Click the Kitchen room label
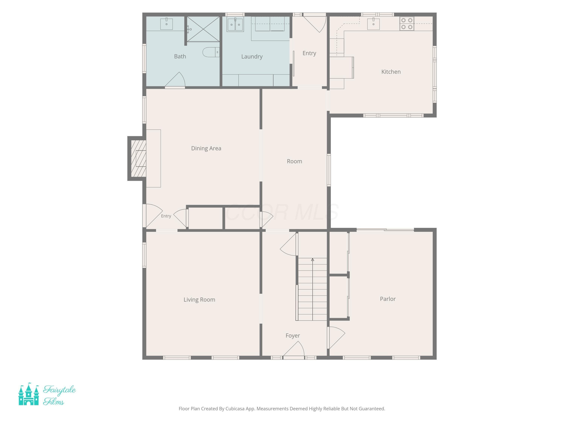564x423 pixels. point(391,72)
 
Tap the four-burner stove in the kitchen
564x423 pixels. point(407,23)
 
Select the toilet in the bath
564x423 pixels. point(211,52)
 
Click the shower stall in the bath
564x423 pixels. point(203,29)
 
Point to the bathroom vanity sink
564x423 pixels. point(167,24)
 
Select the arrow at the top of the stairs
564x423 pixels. point(313,260)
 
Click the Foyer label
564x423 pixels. point(293,336)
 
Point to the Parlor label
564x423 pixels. point(387,299)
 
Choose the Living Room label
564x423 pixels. point(199,300)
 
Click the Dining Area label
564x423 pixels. point(206,148)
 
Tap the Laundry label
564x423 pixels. point(252,57)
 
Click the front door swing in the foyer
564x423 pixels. point(294,349)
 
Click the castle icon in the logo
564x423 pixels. point(29,394)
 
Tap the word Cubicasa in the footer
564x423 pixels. point(235,409)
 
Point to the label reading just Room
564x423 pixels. point(294,161)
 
